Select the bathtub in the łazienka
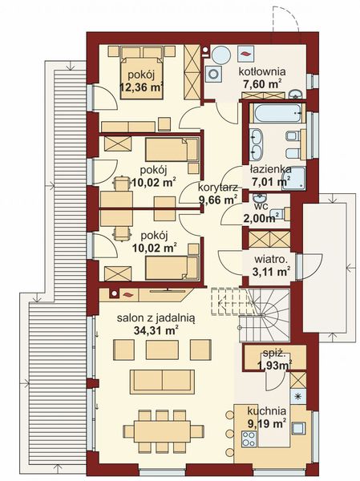(274, 112)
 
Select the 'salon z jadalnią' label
(148, 317)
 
